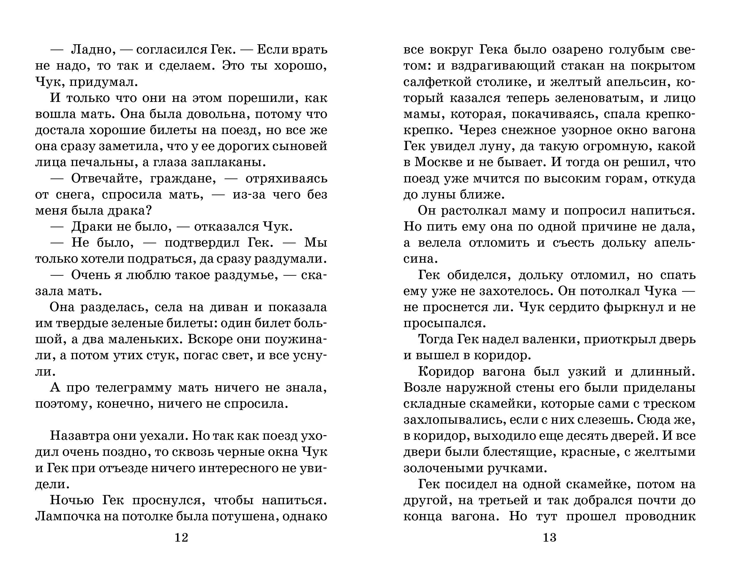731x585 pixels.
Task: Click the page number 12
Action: click(x=181, y=537)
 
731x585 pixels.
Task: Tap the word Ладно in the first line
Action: click(x=91, y=50)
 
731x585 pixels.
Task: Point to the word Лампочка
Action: click(x=69, y=516)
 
